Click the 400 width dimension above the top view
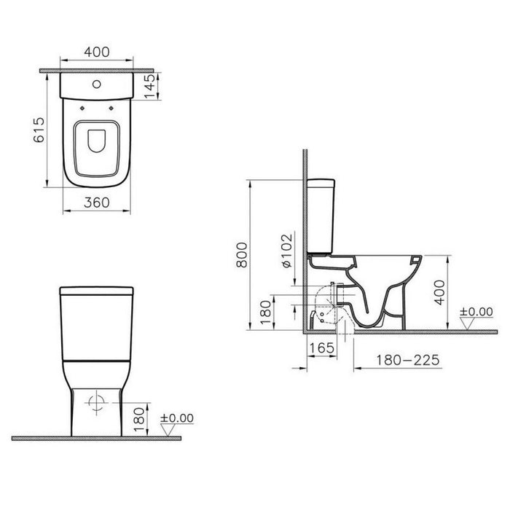click(x=97, y=52)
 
